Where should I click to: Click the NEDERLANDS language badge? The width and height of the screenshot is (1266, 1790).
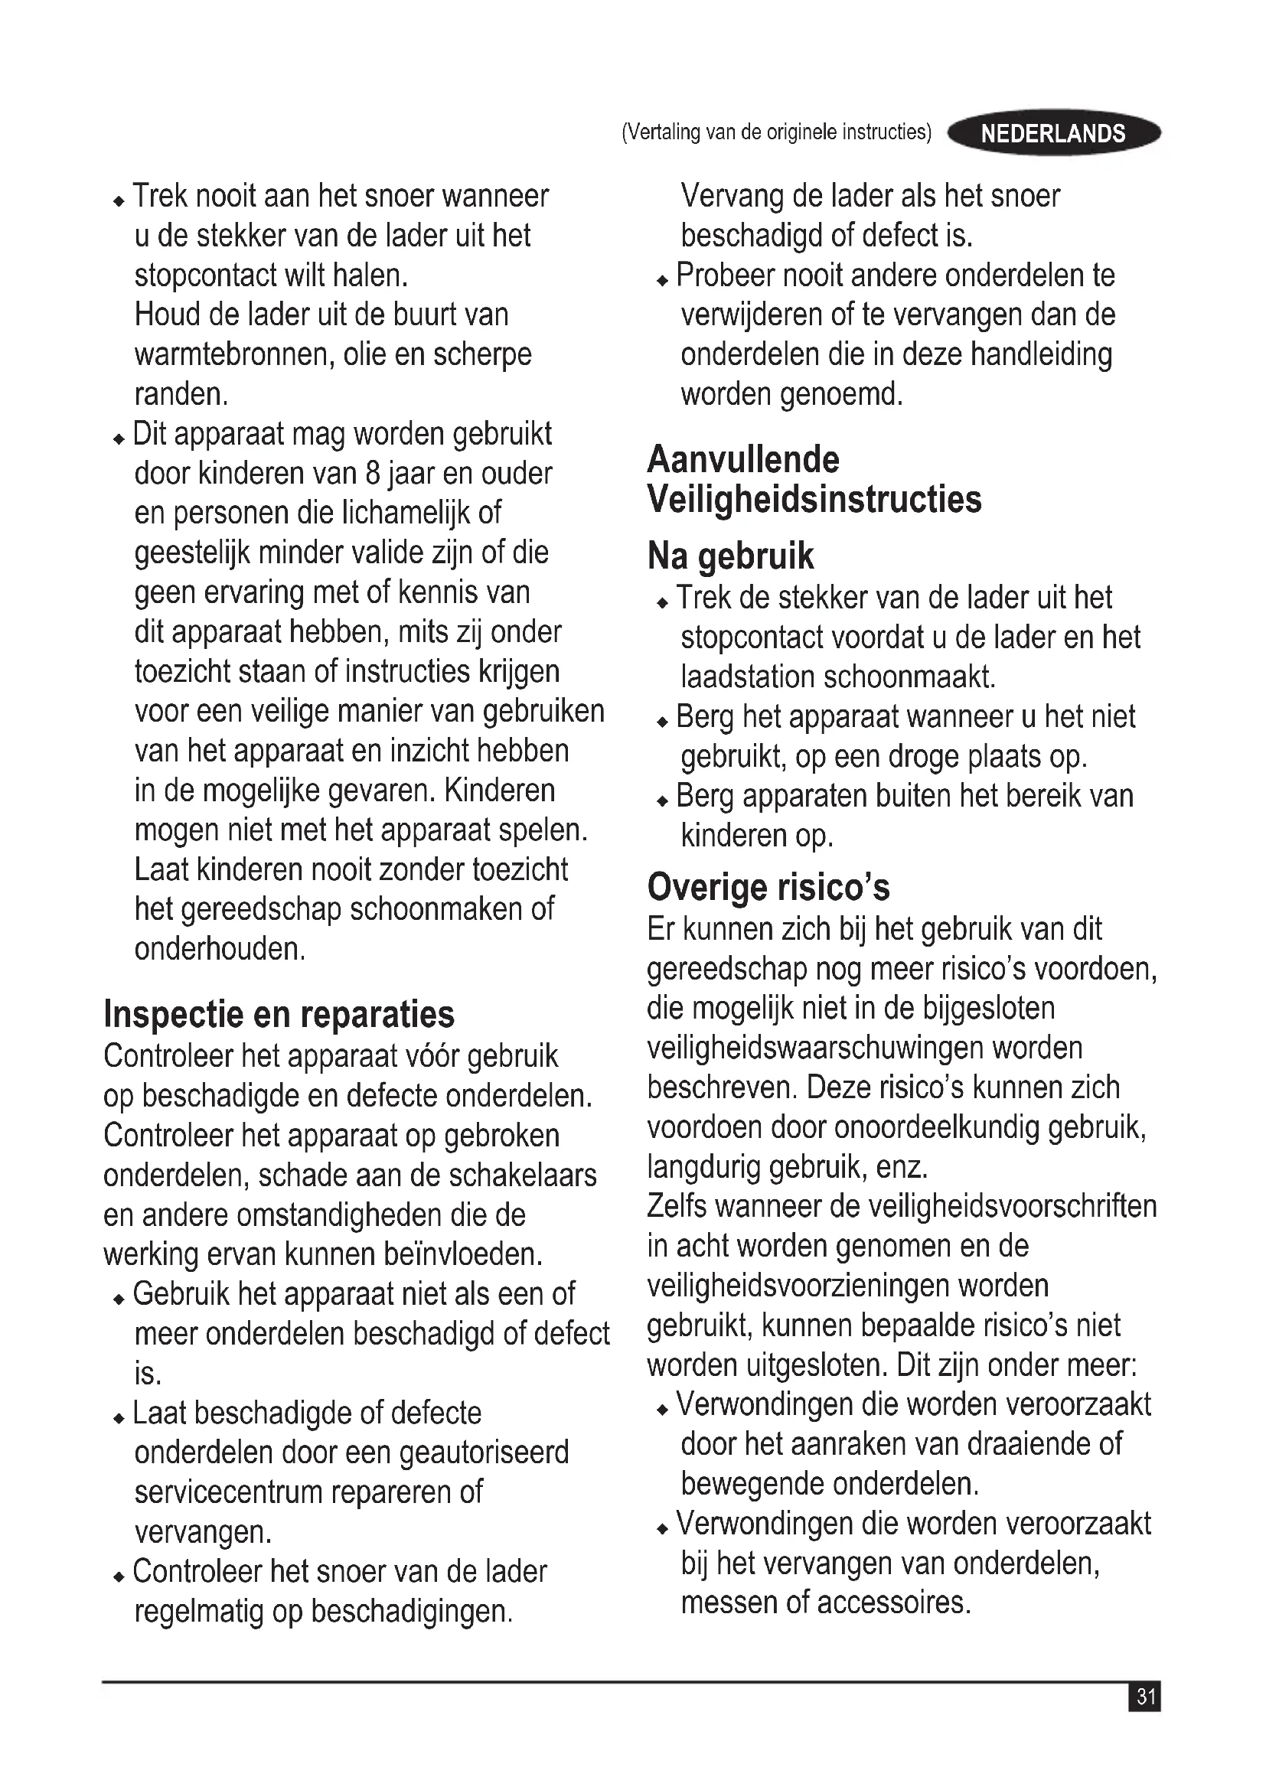[x=1053, y=133]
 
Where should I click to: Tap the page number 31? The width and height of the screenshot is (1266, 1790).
[x=1145, y=1697]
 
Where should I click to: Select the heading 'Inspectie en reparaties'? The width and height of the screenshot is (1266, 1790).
[x=279, y=1014]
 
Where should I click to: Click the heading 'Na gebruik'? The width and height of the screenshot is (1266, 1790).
[x=729, y=556]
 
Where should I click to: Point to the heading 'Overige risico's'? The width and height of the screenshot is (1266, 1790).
[x=768, y=887]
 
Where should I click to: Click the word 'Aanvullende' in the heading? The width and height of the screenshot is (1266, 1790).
[x=743, y=459]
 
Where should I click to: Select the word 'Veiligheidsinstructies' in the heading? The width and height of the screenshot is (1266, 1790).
[x=814, y=499]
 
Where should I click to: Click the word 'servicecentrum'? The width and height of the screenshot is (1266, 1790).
[x=227, y=1492]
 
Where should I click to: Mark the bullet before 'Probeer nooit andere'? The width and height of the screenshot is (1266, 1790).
[x=663, y=280]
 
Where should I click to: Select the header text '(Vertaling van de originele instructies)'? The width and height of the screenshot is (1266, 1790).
[x=776, y=132]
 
